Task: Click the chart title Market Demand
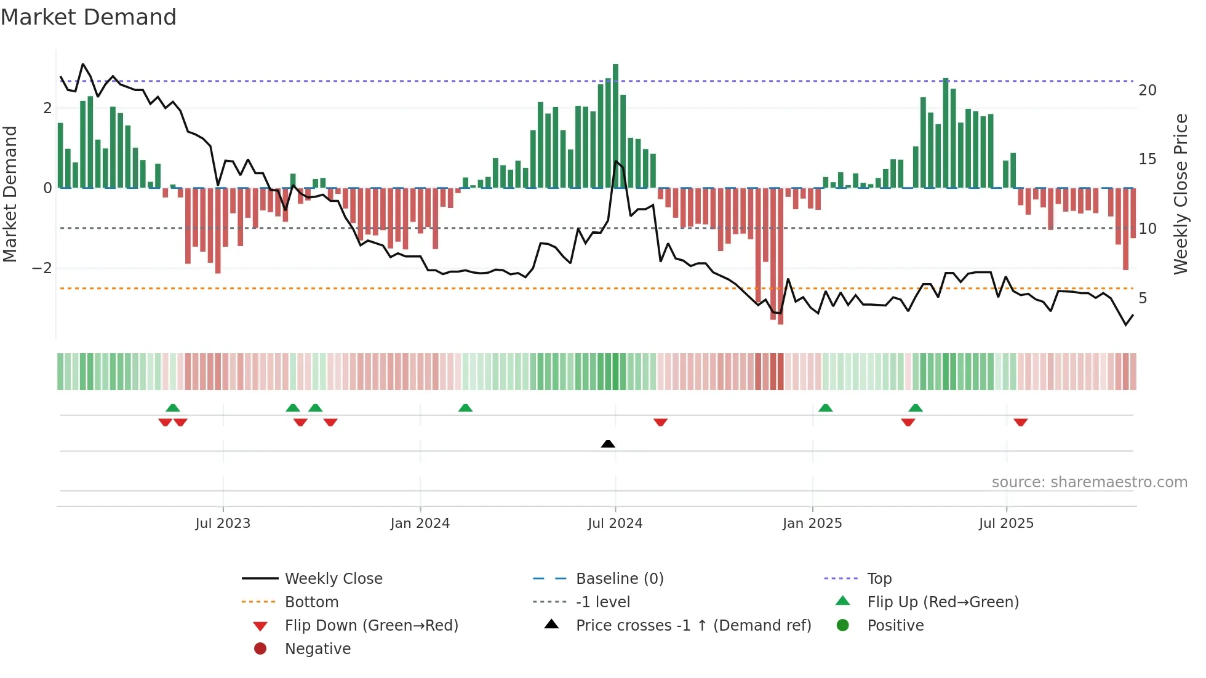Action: (x=89, y=17)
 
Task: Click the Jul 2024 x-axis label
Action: (x=615, y=524)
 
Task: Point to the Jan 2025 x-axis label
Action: (x=812, y=524)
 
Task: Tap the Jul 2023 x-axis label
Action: (x=223, y=524)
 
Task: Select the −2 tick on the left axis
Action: (x=42, y=268)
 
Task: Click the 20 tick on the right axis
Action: (x=1148, y=90)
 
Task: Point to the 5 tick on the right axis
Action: (x=1143, y=298)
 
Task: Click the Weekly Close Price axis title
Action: (x=1180, y=194)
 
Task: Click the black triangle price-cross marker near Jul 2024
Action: (x=608, y=444)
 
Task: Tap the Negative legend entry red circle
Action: (x=260, y=649)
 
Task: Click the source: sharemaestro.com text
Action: (x=1089, y=482)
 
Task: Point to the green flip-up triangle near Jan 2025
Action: (x=826, y=408)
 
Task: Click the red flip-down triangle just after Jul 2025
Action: (x=1021, y=422)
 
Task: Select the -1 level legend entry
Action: (x=602, y=602)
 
